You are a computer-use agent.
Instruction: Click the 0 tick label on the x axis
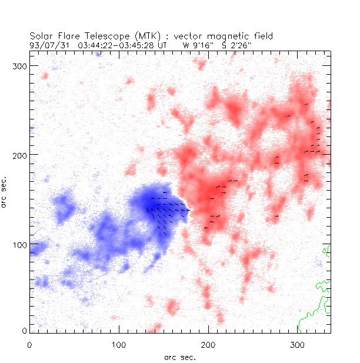click(29, 344)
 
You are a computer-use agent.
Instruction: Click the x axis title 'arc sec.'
click(180, 357)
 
